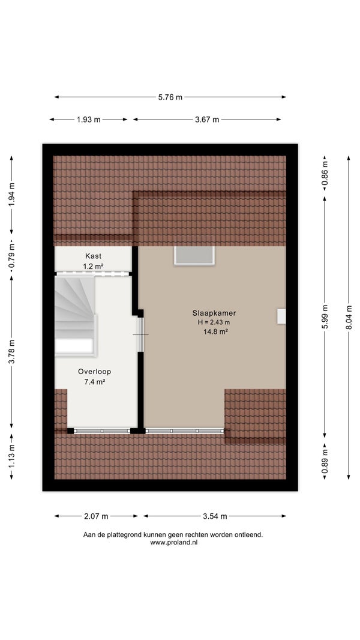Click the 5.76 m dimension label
(170, 97)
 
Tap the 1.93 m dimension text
(88, 119)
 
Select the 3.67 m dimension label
(207, 119)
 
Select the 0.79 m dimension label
(11, 258)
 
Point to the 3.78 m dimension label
(11, 351)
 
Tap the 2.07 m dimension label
(96, 516)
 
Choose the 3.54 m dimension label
(215, 516)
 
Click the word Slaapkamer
(214, 313)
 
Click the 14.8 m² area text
(215, 332)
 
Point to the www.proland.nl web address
(173, 543)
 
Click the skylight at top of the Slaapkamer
(194, 256)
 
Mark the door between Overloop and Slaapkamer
(140, 334)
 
